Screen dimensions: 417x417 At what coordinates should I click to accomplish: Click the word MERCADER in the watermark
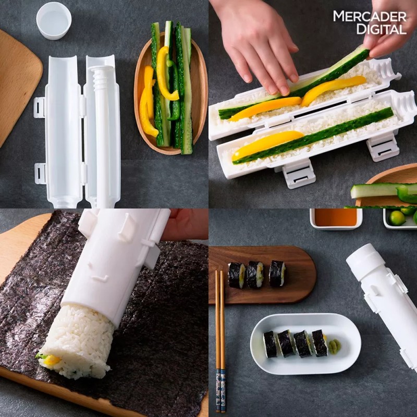(x=370, y=16)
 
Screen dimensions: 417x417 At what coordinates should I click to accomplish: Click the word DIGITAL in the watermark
(x=381, y=29)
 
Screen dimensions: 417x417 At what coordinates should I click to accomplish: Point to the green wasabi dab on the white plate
(x=334, y=346)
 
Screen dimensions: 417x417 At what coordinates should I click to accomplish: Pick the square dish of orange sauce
(x=336, y=218)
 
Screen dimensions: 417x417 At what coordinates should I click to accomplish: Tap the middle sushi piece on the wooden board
(x=255, y=274)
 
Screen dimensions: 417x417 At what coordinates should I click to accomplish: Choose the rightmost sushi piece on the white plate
(x=319, y=343)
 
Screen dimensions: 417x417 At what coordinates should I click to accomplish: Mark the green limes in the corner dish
(x=402, y=216)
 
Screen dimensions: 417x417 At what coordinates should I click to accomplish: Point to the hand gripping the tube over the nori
(x=185, y=224)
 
